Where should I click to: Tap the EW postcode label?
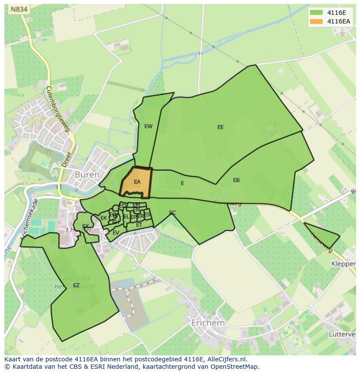[x=148, y=126]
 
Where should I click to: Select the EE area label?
[x=220, y=127]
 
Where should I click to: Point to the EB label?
[x=236, y=180]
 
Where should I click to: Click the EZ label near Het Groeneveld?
[x=76, y=285]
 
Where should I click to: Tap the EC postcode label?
[x=173, y=213]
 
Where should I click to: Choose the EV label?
[x=116, y=233]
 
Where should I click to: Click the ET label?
[x=139, y=225]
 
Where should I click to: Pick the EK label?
[x=103, y=218]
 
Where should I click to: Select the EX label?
[x=86, y=226]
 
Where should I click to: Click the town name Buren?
[x=87, y=175]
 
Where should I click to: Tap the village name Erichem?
[x=208, y=323]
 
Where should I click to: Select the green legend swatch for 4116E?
[x=317, y=13]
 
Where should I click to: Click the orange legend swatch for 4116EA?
[x=317, y=21]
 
